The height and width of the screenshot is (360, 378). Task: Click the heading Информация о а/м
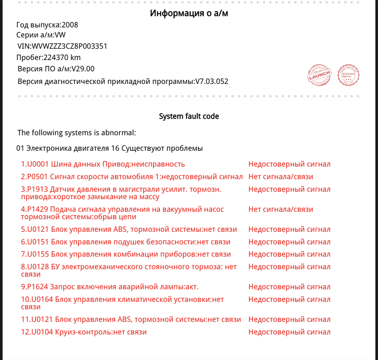click(189, 14)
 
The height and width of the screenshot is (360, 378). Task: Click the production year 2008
click(70, 25)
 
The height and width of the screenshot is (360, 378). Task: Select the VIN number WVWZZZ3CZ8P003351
click(69, 46)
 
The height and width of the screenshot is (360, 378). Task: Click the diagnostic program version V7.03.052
click(211, 81)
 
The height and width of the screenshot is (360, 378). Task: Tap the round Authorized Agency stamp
click(348, 75)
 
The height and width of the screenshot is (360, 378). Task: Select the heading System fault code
click(189, 116)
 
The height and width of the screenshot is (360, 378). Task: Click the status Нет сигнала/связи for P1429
click(281, 210)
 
